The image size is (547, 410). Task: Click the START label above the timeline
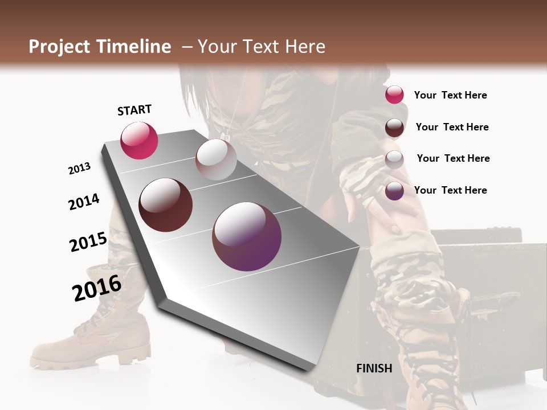[134, 110]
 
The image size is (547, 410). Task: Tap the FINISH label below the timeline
[374, 368]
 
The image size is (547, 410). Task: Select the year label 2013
[80, 169]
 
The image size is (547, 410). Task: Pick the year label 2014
[84, 202]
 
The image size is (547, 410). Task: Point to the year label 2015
[88, 242]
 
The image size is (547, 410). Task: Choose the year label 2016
[97, 288]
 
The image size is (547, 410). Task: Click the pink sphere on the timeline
[139, 141]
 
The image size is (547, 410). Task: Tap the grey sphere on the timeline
[216, 159]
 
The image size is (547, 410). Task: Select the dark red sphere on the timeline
[166, 205]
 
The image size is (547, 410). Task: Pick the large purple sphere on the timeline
[247, 236]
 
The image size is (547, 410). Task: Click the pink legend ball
[394, 95]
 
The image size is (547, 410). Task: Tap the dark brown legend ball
[394, 128]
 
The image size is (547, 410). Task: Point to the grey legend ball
[394, 159]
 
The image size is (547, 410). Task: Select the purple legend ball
[394, 191]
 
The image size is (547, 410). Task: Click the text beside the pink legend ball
[451, 96]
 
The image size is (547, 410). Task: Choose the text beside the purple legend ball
[451, 190]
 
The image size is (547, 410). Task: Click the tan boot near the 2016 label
[97, 336]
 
